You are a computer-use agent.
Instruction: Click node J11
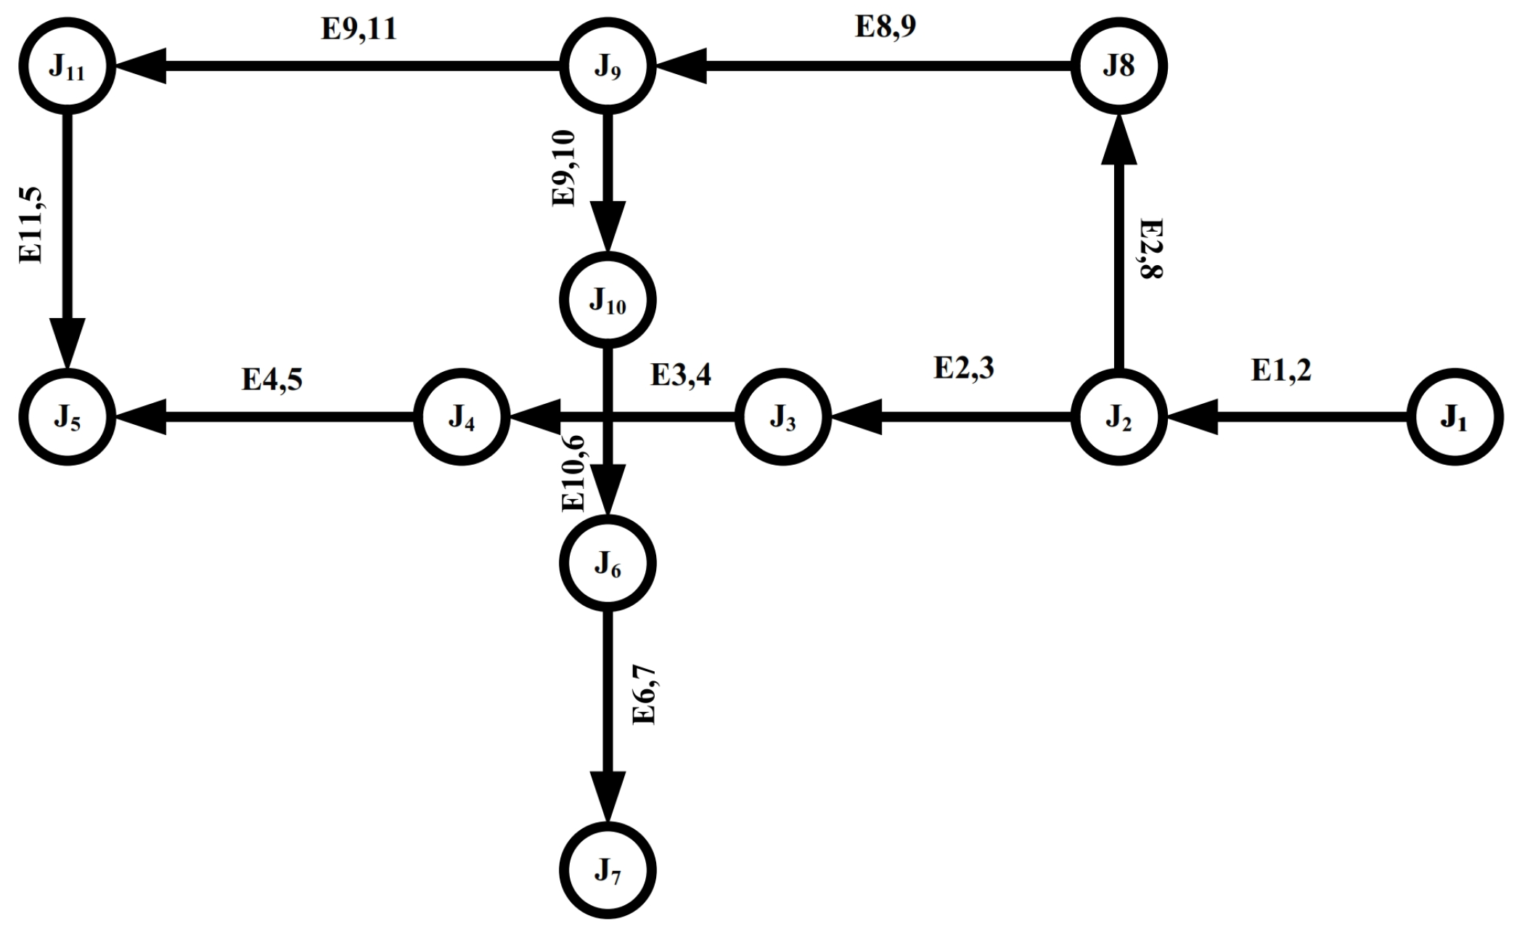click(67, 66)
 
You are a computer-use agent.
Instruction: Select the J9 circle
click(608, 66)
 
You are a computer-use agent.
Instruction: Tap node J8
click(1119, 66)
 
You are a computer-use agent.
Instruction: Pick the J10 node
click(608, 299)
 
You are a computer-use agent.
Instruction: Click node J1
click(1454, 417)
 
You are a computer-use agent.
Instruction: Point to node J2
click(1119, 417)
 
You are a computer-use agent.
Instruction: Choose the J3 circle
click(782, 417)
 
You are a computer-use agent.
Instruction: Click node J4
click(461, 417)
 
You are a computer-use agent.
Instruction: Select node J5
click(67, 417)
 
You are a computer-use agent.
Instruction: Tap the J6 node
click(608, 563)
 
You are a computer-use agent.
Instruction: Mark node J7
click(608, 870)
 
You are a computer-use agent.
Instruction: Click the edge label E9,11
click(359, 29)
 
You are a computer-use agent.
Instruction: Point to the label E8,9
click(886, 26)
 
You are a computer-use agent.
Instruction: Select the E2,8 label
click(1151, 248)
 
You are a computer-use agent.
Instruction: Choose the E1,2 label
click(1281, 370)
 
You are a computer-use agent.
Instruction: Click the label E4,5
click(271, 379)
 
